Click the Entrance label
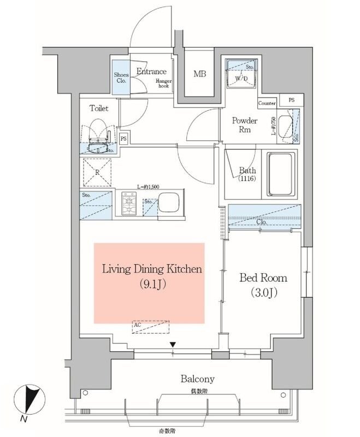[x=151, y=72]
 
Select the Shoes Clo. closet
[x=120, y=77]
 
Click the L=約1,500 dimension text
[x=149, y=187]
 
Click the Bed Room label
[x=263, y=278]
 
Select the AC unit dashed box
[x=151, y=326]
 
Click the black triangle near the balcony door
[x=173, y=345]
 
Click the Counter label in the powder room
[x=267, y=103]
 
